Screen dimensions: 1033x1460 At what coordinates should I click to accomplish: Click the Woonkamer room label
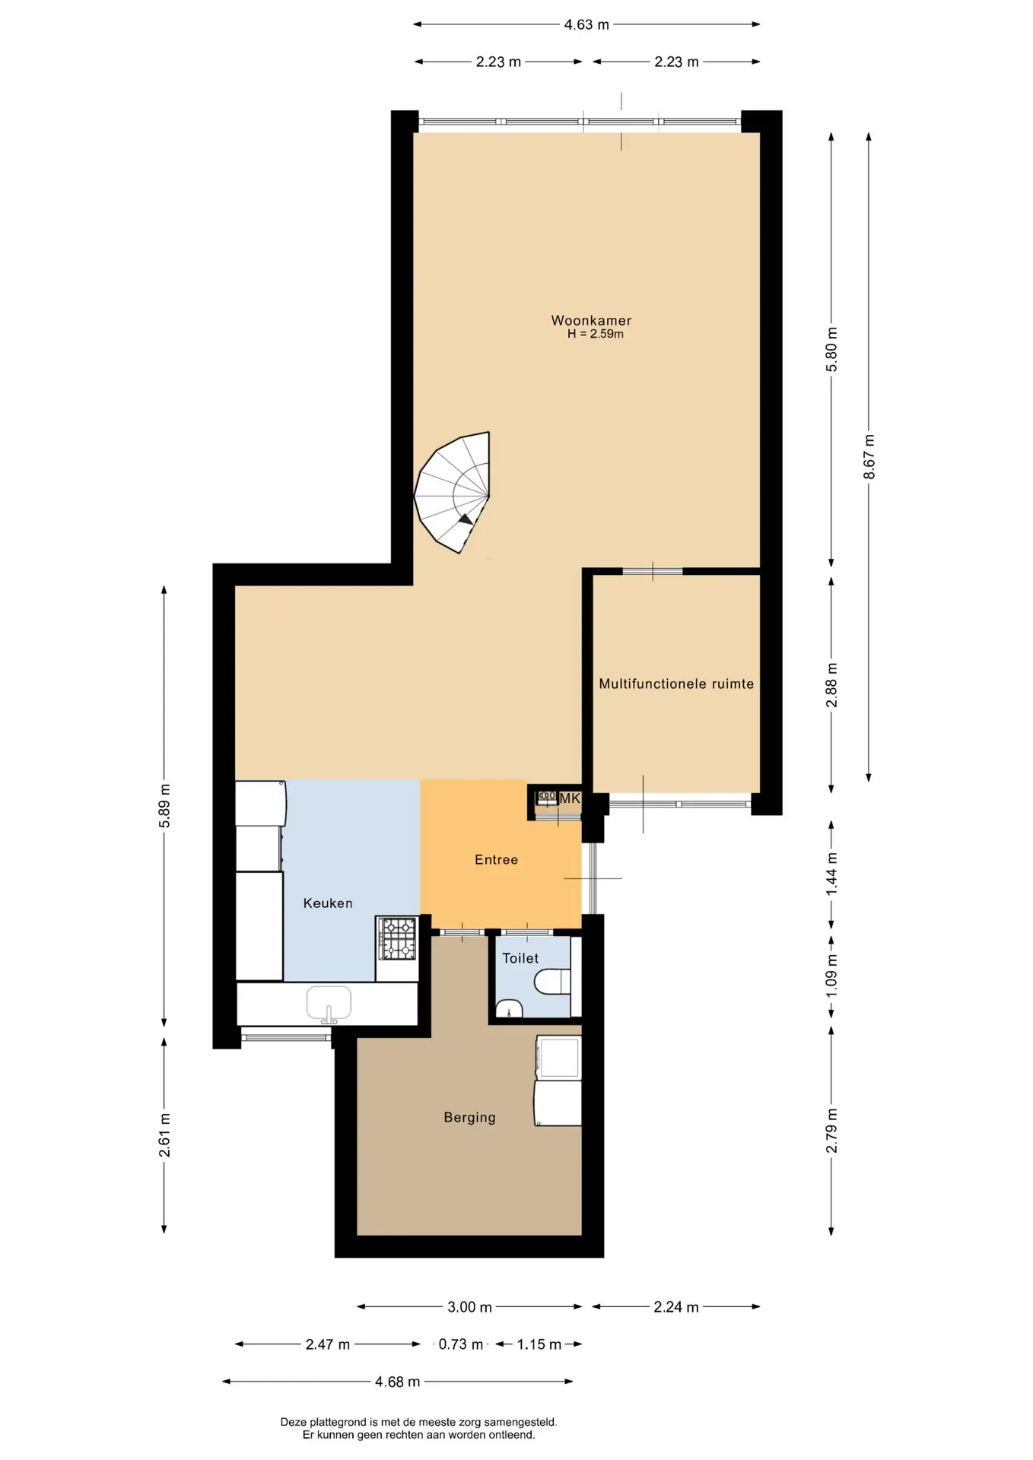tap(591, 320)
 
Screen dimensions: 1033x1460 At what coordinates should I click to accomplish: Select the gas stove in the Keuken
tap(398, 938)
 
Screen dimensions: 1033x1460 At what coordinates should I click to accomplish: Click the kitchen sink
tap(329, 1004)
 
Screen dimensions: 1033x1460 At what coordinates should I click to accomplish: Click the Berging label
tap(469, 1117)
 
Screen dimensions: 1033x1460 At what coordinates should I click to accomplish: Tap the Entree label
tap(496, 859)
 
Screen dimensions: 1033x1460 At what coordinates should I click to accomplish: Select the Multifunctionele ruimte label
tap(676, 684)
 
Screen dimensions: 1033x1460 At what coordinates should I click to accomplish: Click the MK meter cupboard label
tap(570, 798)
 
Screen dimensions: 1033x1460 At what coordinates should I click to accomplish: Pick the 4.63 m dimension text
tap(586, 24)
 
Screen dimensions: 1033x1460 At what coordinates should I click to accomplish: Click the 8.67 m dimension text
tap(869, 456)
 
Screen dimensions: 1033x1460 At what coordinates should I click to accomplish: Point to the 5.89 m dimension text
tap(164, 806)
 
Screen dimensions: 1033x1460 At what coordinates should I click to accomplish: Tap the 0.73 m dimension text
tap(460, 1344)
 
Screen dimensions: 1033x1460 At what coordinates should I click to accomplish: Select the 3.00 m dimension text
tap(469, 1307)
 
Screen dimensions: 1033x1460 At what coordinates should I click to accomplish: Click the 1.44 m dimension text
tap(831, 874)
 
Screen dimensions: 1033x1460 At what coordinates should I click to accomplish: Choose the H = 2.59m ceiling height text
tap(595, 334)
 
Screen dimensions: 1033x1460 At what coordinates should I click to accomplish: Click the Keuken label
tap(328, 903)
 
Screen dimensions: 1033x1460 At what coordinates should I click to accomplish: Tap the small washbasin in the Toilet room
tap(509, 1008)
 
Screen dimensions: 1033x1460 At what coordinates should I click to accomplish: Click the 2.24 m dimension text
tap(676, 1307)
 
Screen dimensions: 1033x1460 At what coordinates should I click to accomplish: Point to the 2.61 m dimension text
tap(164, 1135)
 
